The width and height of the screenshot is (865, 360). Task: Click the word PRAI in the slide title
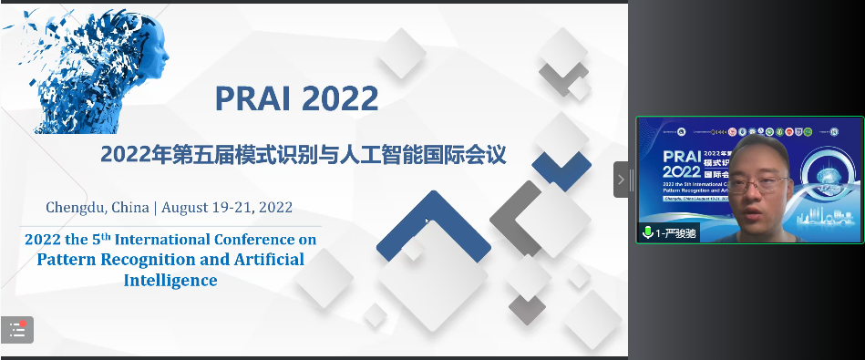tap(252, 97)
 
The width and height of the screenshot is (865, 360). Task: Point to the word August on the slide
tap(189, 207)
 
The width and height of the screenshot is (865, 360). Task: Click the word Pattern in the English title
tap(69, 259)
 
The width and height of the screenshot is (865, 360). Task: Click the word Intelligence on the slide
tap(170, 280)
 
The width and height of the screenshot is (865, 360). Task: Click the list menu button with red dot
tap(17, 330)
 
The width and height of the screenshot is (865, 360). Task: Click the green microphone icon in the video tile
tap(647, 232)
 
